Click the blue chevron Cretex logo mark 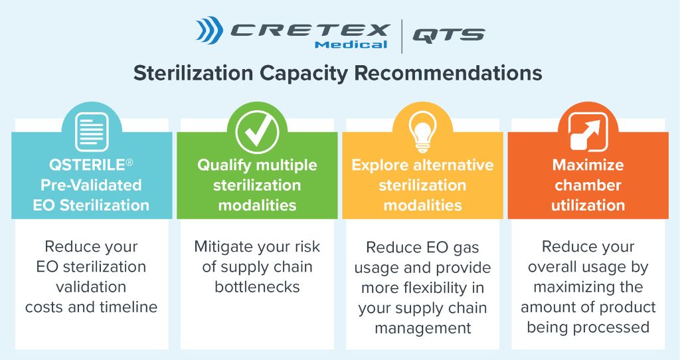click(x=209, y=31)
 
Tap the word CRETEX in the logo click(x=309, y=31)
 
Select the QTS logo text click(x=448, y=35)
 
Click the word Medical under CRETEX click(x=351, y=45)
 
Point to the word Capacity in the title click(x=303, y=73)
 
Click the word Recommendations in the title click(x=448, y=72)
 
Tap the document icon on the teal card click(x=92, y=132)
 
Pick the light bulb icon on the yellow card click(x=422, y=131)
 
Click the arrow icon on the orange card click(x=588, y=132)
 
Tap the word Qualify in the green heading click(x=224, y=165)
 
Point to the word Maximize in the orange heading click(x=588, y=165)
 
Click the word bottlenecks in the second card click(x=257, y=287)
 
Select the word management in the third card click(x=423, y=328)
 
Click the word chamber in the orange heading click(x=588, y=185)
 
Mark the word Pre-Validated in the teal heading click(x=91, y=185)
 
